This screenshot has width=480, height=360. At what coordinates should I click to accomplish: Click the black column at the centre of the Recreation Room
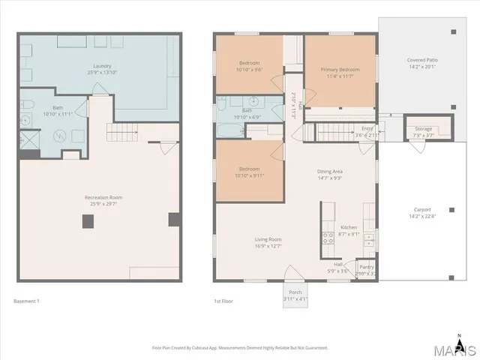pyautogui.click(x=88, y=221)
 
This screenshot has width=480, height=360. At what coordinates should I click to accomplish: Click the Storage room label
pyautogui.click(x=423, y=128)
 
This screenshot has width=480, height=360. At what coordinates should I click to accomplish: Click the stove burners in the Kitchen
pyautogui.click(x=328, y=238)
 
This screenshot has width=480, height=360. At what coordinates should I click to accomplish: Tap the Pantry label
pyautogui.click(x=367, y=267)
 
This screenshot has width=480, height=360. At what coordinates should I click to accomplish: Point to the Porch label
pyautogui.click(x=295, y=292)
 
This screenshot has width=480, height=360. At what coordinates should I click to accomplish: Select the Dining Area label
pyautogui.click(x=331, y=171)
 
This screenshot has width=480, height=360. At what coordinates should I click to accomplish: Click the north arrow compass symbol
pyautogui.click(x=459, y=335)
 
